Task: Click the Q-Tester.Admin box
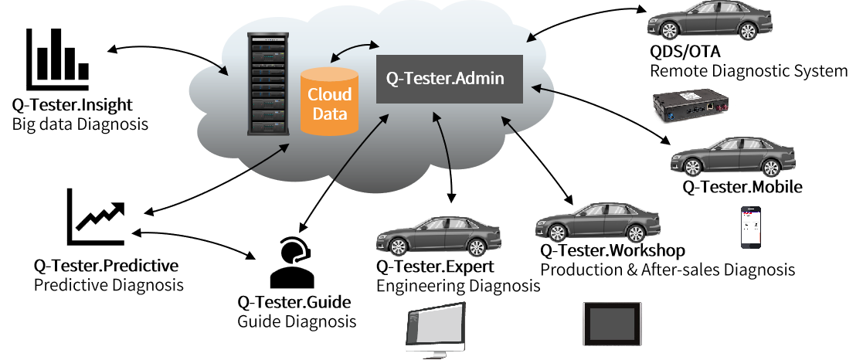449,79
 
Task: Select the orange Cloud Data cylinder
329,101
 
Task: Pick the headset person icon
290,263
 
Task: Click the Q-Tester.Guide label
294,302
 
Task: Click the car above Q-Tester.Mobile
733,157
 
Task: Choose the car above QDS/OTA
710,20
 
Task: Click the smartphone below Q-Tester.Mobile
751,227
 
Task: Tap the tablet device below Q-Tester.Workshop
612,324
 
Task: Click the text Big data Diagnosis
80,124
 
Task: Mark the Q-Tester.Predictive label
106,266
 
